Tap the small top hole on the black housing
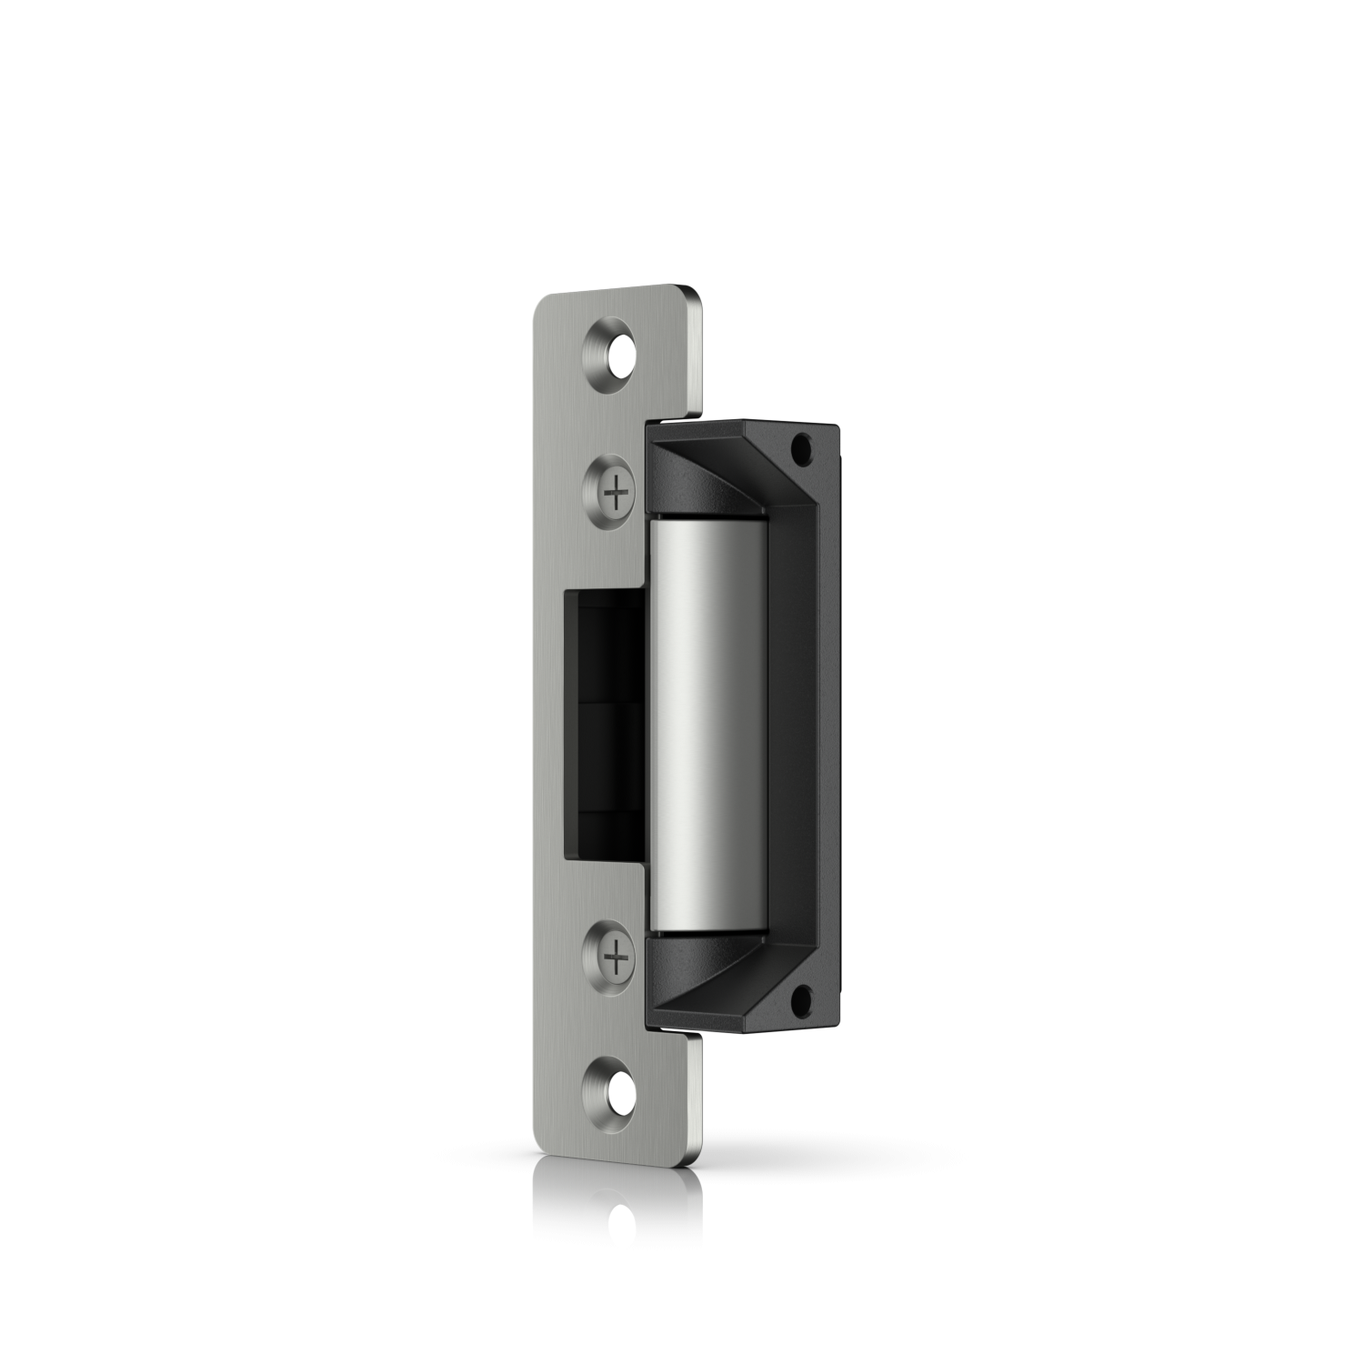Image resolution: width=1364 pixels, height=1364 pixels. pos(803,446)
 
